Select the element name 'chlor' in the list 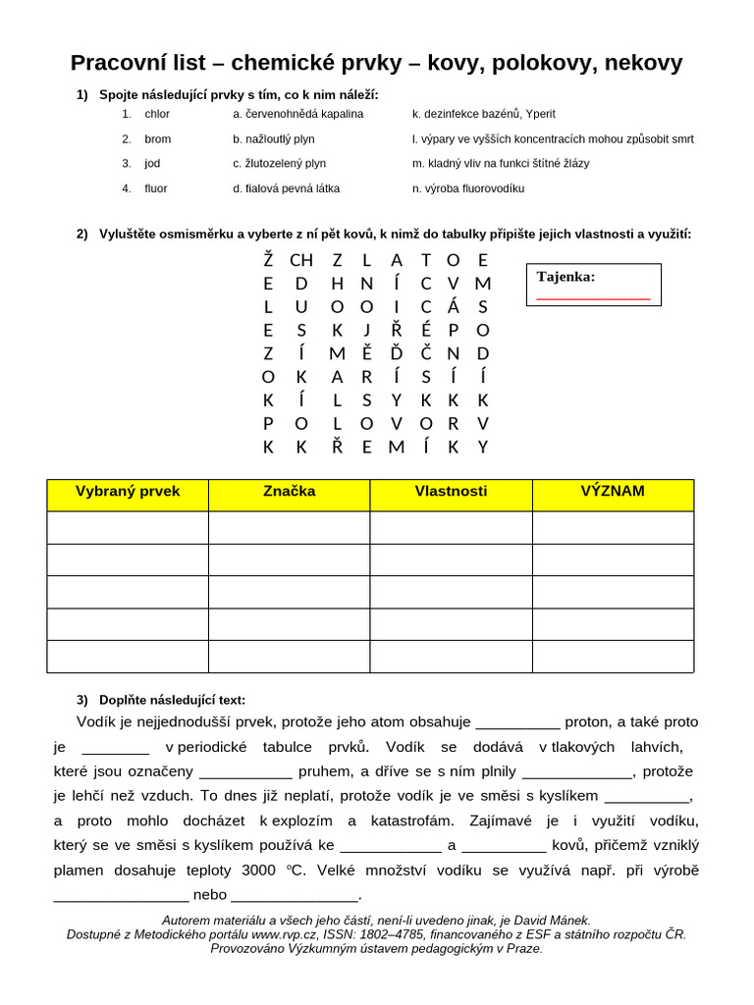click(x=157, y=114)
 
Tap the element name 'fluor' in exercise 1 click(x=156, y=188)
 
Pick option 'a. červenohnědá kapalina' click(x=298, y=114)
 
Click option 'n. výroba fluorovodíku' click(x=468, y=188)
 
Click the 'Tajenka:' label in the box click(x=565, y=277)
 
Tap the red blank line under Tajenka click(x=593, y=297)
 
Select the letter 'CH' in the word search click(x=301, y=260)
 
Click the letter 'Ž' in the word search click(x=268, y=260)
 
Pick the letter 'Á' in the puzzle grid click(x=454, y=307)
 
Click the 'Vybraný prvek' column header click(x=128, y=492)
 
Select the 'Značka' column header click(x=290, y=492)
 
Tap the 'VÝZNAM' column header click(x=613, y=492)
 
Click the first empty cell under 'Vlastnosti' click(x=451, y=527)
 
